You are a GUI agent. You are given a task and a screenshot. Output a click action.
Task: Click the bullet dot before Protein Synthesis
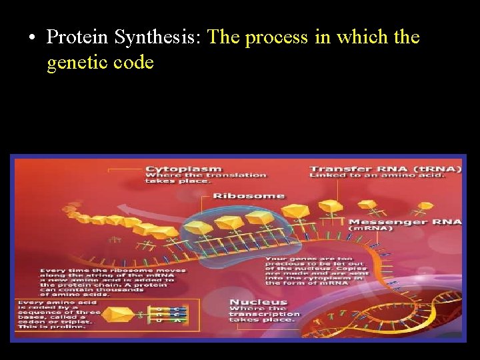tap(32, 37)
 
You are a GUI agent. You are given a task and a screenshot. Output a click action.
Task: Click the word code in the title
tap(136, 63)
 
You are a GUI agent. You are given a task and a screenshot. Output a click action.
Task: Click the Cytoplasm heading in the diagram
tap(183, 169)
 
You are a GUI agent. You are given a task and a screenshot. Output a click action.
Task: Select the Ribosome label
tap(249, 196)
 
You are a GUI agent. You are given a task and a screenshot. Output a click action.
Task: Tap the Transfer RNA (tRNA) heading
tap(385, 169)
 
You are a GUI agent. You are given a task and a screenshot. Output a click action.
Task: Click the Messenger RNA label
tap(405, 221)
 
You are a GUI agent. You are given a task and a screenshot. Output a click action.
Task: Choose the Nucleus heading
tap(258, 303)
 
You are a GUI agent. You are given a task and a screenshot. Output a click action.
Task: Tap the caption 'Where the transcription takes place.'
tap(264, 314)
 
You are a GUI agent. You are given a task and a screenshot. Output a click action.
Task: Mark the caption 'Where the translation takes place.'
tap(205, 179)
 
